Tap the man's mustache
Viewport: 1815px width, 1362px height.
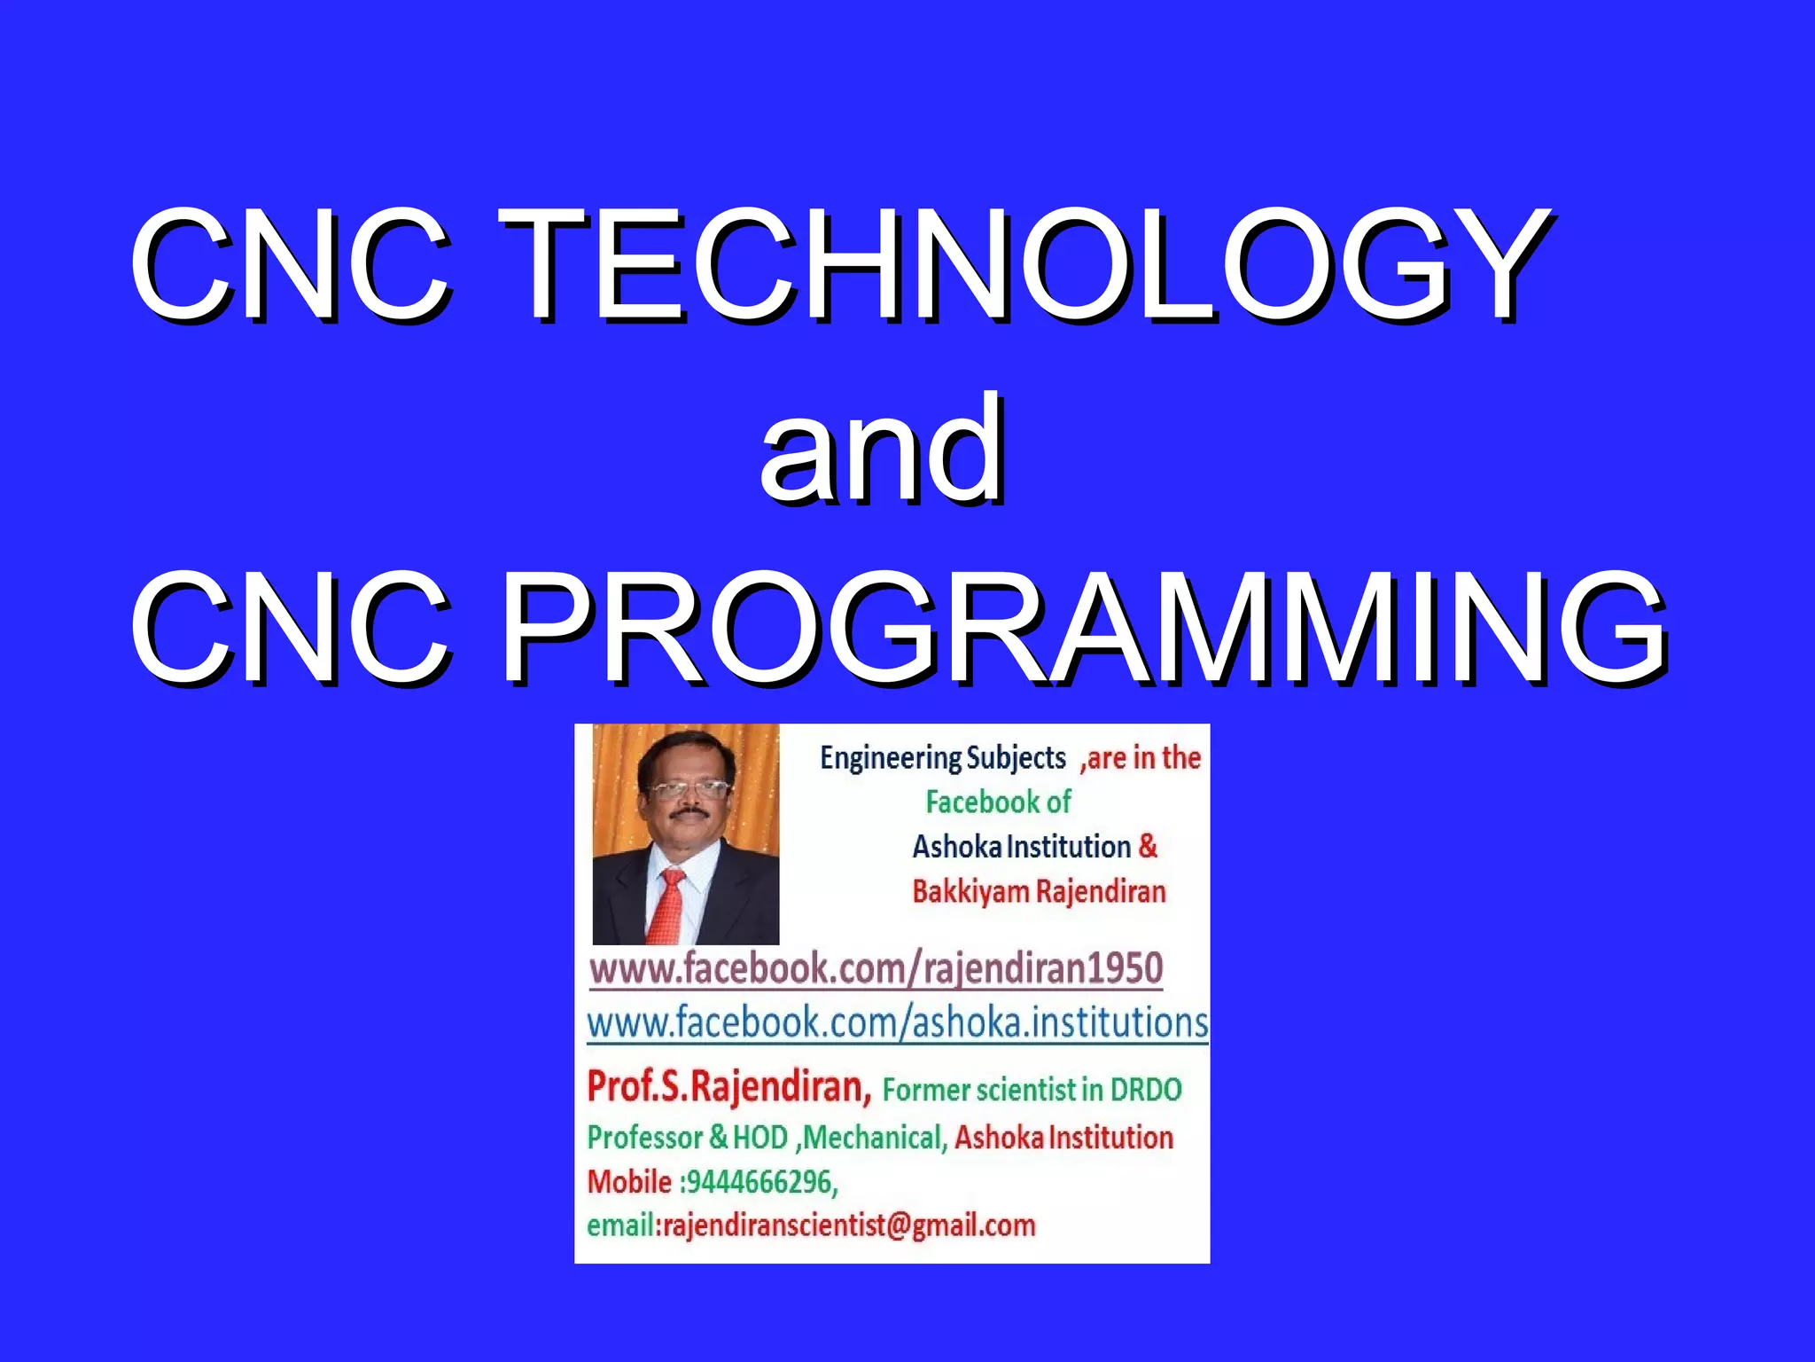[688, 812]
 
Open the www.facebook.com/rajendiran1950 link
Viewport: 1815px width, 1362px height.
[876, 967]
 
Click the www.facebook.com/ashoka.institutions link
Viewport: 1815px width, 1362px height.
[897, 1022]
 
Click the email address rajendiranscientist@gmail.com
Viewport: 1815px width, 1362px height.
[849, 1225]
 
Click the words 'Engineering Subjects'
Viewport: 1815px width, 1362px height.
[942, 758]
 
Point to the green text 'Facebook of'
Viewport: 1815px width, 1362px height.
[998, 802]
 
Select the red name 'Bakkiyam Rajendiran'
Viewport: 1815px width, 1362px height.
[1039, 891]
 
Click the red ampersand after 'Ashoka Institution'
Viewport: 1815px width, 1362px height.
[1148, 846]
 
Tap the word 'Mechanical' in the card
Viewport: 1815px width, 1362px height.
[873, 1138]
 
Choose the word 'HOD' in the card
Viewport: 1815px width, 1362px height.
[760, 1138]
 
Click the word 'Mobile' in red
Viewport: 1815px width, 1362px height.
[629, 1182]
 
